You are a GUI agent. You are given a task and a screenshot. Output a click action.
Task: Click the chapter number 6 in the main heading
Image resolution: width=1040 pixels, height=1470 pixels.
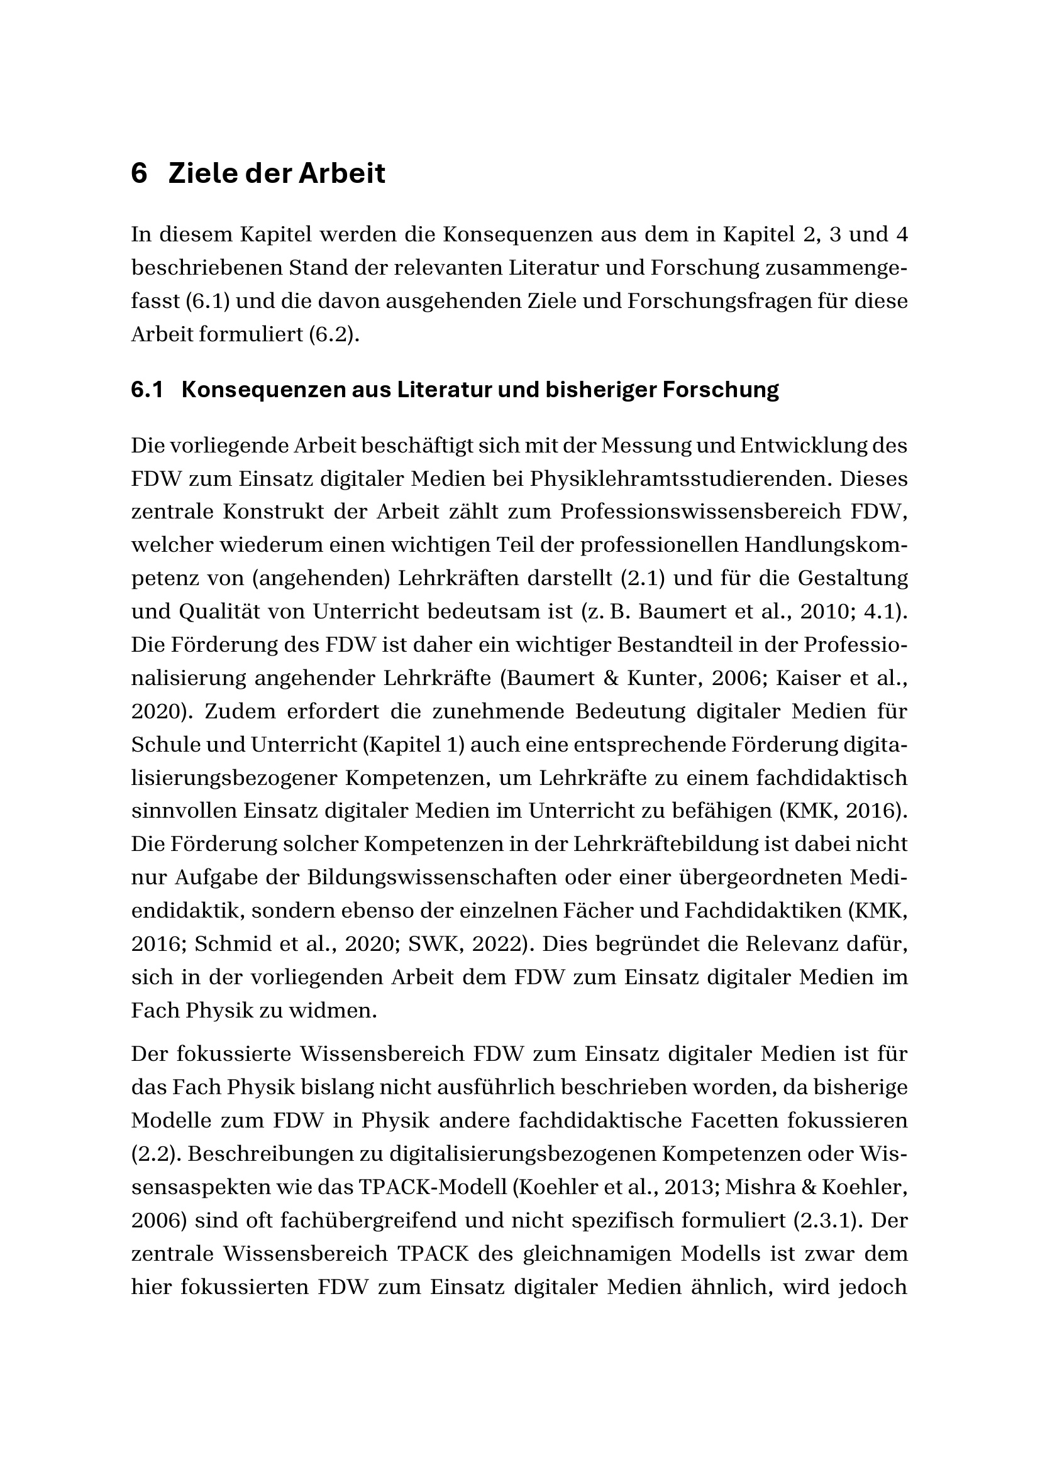(x=139, y=174)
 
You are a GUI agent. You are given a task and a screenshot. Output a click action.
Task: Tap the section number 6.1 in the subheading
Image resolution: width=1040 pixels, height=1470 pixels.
(x=147, y=390)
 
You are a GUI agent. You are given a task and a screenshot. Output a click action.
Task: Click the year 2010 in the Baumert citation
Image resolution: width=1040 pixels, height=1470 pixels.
(x=825, y=612)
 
